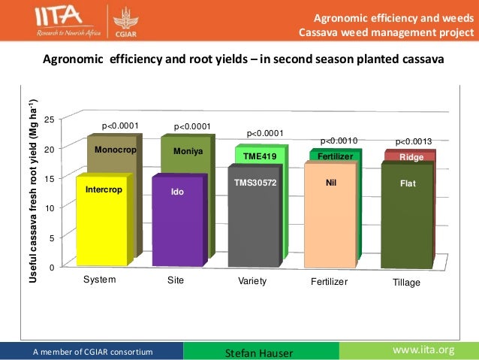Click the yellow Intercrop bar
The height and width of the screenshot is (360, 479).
[x=101, y=221]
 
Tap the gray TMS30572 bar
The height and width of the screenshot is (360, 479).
[x=254, y=218]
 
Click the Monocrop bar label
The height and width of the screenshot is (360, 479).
[x=113, y=150]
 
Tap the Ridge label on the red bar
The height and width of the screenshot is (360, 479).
[x=411, y=157]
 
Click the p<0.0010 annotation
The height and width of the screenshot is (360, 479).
[x=339, y=141]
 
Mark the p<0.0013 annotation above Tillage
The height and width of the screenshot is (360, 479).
[x=414, y=141]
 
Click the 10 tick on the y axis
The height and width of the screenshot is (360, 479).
[x=49, y=208]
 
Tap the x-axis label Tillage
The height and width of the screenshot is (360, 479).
[x=407, y=283]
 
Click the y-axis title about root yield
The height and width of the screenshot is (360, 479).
[x=33, y=191]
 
